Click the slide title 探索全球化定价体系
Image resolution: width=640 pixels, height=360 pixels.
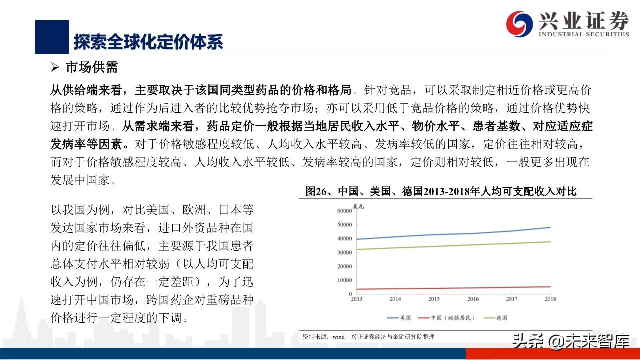tap(148, 41)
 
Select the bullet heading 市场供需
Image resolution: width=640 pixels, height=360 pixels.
tap(91, 68)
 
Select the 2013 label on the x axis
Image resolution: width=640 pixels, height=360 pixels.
tap(356, 299)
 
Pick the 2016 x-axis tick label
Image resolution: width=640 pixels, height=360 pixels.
tap(473, 299)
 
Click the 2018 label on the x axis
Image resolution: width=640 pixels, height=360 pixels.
tap(550, 299)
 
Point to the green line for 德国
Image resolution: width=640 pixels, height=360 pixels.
tap(450, 246)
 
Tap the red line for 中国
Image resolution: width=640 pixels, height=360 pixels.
tap(450, 288)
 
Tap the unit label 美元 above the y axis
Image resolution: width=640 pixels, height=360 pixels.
tap(359, 206)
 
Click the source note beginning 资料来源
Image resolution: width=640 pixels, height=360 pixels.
tap(368, 337)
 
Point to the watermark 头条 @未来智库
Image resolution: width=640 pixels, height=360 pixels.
tap(570, 342)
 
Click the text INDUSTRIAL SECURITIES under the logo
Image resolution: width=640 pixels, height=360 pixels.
tap(583, 34)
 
